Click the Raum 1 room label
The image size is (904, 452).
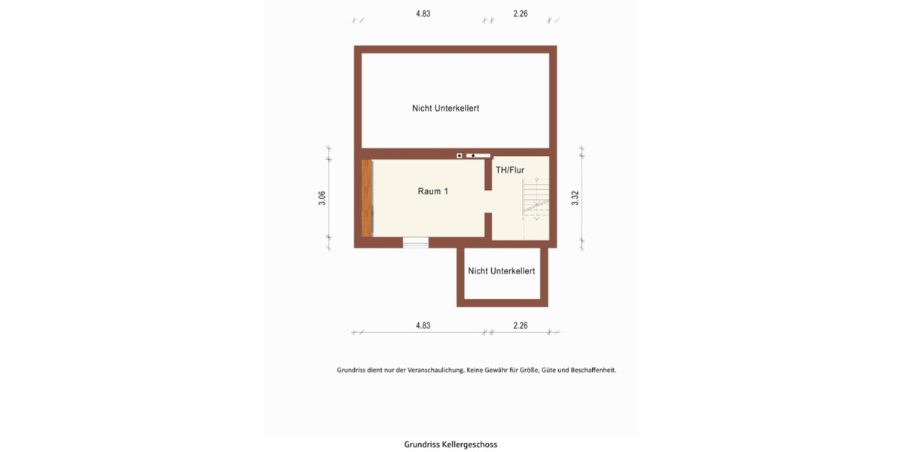[433, 191]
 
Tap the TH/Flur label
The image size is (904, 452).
[509, 170]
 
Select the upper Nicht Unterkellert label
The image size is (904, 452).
[445, 108]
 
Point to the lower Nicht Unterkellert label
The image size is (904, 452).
[501, 271]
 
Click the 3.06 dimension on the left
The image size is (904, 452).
[322, 199]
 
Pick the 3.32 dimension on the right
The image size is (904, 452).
[575, 199]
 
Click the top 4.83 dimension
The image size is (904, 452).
[423, 13]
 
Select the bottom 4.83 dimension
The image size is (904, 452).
[423, 326]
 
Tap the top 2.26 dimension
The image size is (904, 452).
[520, 13]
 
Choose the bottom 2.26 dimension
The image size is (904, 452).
[520, 326]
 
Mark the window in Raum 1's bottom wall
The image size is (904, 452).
[415, 243]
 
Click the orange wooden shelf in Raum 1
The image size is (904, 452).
[367, 198]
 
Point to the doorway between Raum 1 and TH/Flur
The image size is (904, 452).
[488, 202]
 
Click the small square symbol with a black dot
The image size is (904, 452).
[459, 156]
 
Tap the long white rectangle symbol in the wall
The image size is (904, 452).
[478, 156]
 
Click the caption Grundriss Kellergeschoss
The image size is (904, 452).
[450, 444]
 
